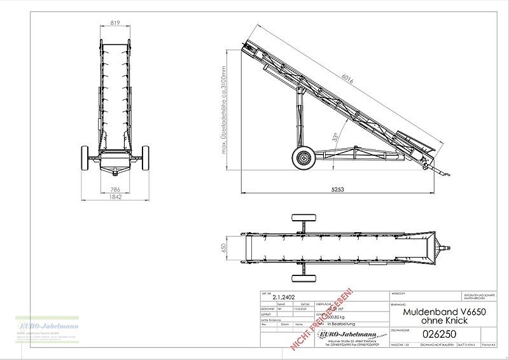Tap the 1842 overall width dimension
pyautogui.click(x=115, y=198)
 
